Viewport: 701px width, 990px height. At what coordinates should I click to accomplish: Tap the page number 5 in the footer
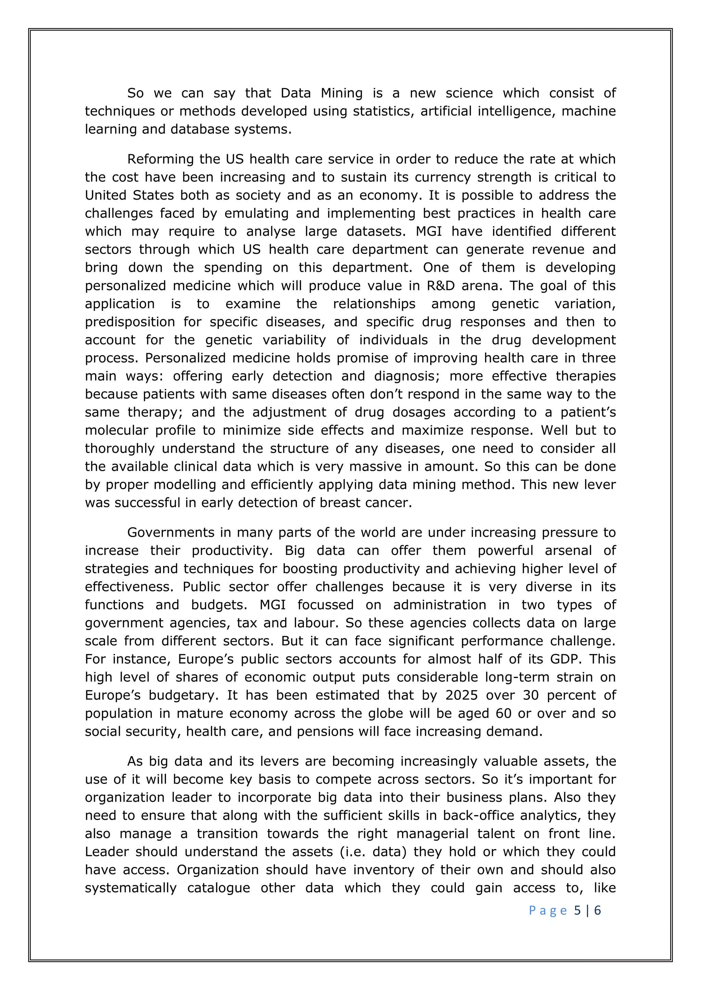577,910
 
